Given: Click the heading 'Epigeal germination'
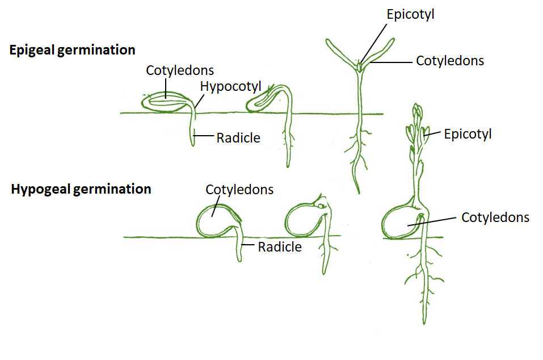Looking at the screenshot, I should pos(72,50).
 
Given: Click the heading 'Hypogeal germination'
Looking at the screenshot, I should pos(81,189).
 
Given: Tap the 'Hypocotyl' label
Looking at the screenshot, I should pos(230,86).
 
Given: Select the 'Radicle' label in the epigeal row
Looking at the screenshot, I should pos(238,137).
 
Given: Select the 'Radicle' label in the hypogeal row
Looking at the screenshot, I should pos(280,247).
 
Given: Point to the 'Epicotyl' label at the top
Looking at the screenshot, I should pos(410,15).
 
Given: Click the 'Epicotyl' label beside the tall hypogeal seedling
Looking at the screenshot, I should pos(468,134).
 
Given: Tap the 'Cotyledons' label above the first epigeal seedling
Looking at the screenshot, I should pos(180,70).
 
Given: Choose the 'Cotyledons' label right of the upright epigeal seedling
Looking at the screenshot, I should pos(450,61).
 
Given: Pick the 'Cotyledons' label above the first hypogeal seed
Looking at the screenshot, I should pos(239,190).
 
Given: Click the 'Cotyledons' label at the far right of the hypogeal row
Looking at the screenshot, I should pos(495,217).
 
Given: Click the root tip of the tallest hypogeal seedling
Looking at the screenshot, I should pos(424,321).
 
